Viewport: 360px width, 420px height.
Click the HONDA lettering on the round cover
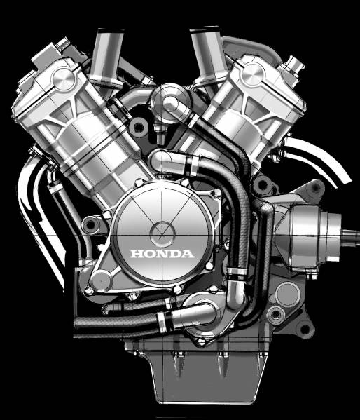click(x=162, y=254)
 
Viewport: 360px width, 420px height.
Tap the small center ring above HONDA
click(x=162, y=234)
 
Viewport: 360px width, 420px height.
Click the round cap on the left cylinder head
click(x=64, y=79)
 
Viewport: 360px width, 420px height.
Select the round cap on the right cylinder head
click(x=254, y=74)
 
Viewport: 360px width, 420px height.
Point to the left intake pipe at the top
click(x=106, y=57)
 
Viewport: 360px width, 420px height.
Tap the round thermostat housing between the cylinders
click(x=171, y=103)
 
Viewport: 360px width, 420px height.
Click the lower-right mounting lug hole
click(x=305, y=329)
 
